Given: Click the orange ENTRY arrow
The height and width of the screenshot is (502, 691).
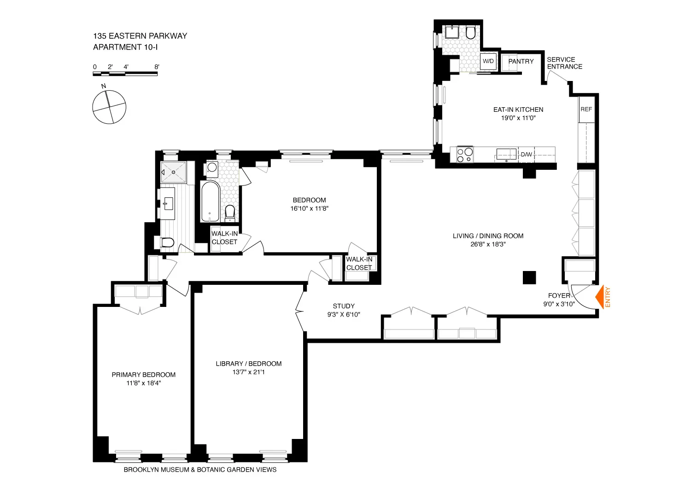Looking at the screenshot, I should coord(600,297).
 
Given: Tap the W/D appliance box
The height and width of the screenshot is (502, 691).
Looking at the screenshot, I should coord(488,62).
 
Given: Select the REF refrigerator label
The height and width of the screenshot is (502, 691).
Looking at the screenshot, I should coord(586,110).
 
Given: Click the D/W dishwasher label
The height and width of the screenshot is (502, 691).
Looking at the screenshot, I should coord(526,155).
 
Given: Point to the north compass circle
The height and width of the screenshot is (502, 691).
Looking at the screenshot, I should coord(109,107).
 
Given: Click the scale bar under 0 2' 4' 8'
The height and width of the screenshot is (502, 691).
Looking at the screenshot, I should coord(125,74).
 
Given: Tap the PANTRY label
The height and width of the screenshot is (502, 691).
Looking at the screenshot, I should coord(521,61).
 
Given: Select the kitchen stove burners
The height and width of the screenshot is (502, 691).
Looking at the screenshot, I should coord(464,154).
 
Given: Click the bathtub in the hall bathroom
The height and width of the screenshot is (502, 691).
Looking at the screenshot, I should coord(211,202).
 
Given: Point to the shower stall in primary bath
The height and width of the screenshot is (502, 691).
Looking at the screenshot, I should coord(174,172).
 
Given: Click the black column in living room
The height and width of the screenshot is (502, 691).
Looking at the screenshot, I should coord(529,278).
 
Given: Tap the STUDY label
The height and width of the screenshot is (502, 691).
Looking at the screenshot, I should coord(344,306).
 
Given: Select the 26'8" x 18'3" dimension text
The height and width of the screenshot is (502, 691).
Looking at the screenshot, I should coord(488,244).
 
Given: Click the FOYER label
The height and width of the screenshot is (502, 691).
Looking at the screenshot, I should coord(558,295).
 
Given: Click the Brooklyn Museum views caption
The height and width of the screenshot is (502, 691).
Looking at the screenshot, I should coord(200,470).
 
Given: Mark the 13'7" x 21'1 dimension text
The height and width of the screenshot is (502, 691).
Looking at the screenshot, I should coord(248,372).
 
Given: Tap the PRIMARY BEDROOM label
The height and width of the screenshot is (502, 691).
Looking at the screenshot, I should coord(143,375).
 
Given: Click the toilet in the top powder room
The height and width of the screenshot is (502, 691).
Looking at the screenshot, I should coord(470,33).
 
